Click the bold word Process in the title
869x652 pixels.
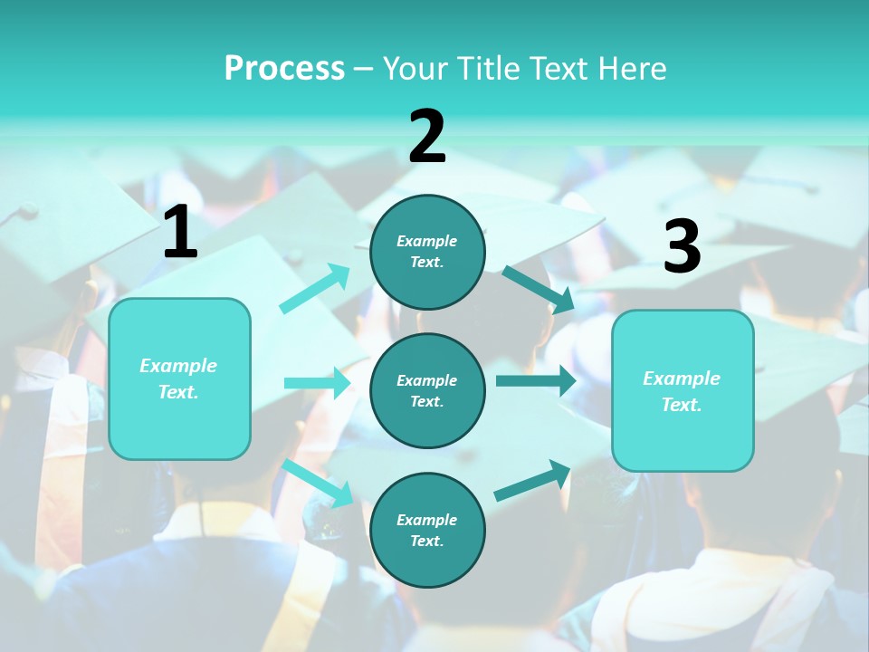pos(284,69)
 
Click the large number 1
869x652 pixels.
pos(180,233)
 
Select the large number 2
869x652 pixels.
pos(427,137)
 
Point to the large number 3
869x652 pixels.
pos(682,246)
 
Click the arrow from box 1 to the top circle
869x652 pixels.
pos(315,290)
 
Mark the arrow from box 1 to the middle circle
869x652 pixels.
pos(317,383)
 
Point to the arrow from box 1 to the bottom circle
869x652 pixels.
pos(317,481)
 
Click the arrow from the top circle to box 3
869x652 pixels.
pos(538,288)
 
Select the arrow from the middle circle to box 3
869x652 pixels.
pos(535,380)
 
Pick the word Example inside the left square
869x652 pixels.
pos(178,366)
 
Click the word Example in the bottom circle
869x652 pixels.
pos(426,520)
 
